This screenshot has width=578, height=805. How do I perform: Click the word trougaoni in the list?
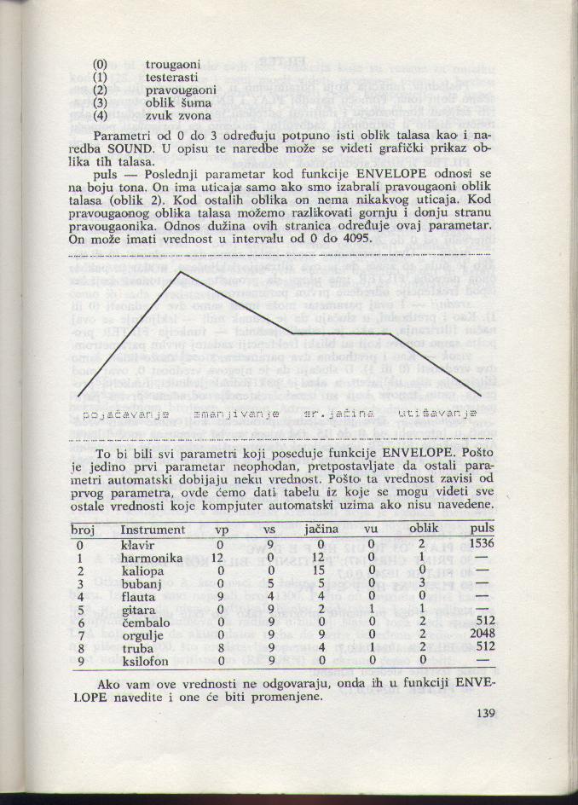click(173, 64)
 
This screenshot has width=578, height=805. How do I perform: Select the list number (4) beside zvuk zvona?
click(101, 114)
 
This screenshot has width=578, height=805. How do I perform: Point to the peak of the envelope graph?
click(181, 273)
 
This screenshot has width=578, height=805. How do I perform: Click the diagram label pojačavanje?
click(126, 414)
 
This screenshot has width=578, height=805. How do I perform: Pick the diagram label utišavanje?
click(437, 414)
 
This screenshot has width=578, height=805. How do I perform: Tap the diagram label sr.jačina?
click(338, 414)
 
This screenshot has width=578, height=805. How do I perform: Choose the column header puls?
click(482, 529)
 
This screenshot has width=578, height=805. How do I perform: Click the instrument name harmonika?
click(153, 558)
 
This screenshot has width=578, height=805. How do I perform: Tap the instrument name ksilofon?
click(147, 661)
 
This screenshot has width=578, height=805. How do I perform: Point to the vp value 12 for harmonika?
click(218, 558)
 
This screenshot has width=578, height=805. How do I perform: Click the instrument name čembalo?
click(147, 623)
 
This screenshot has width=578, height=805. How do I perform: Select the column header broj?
click(82, 529)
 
